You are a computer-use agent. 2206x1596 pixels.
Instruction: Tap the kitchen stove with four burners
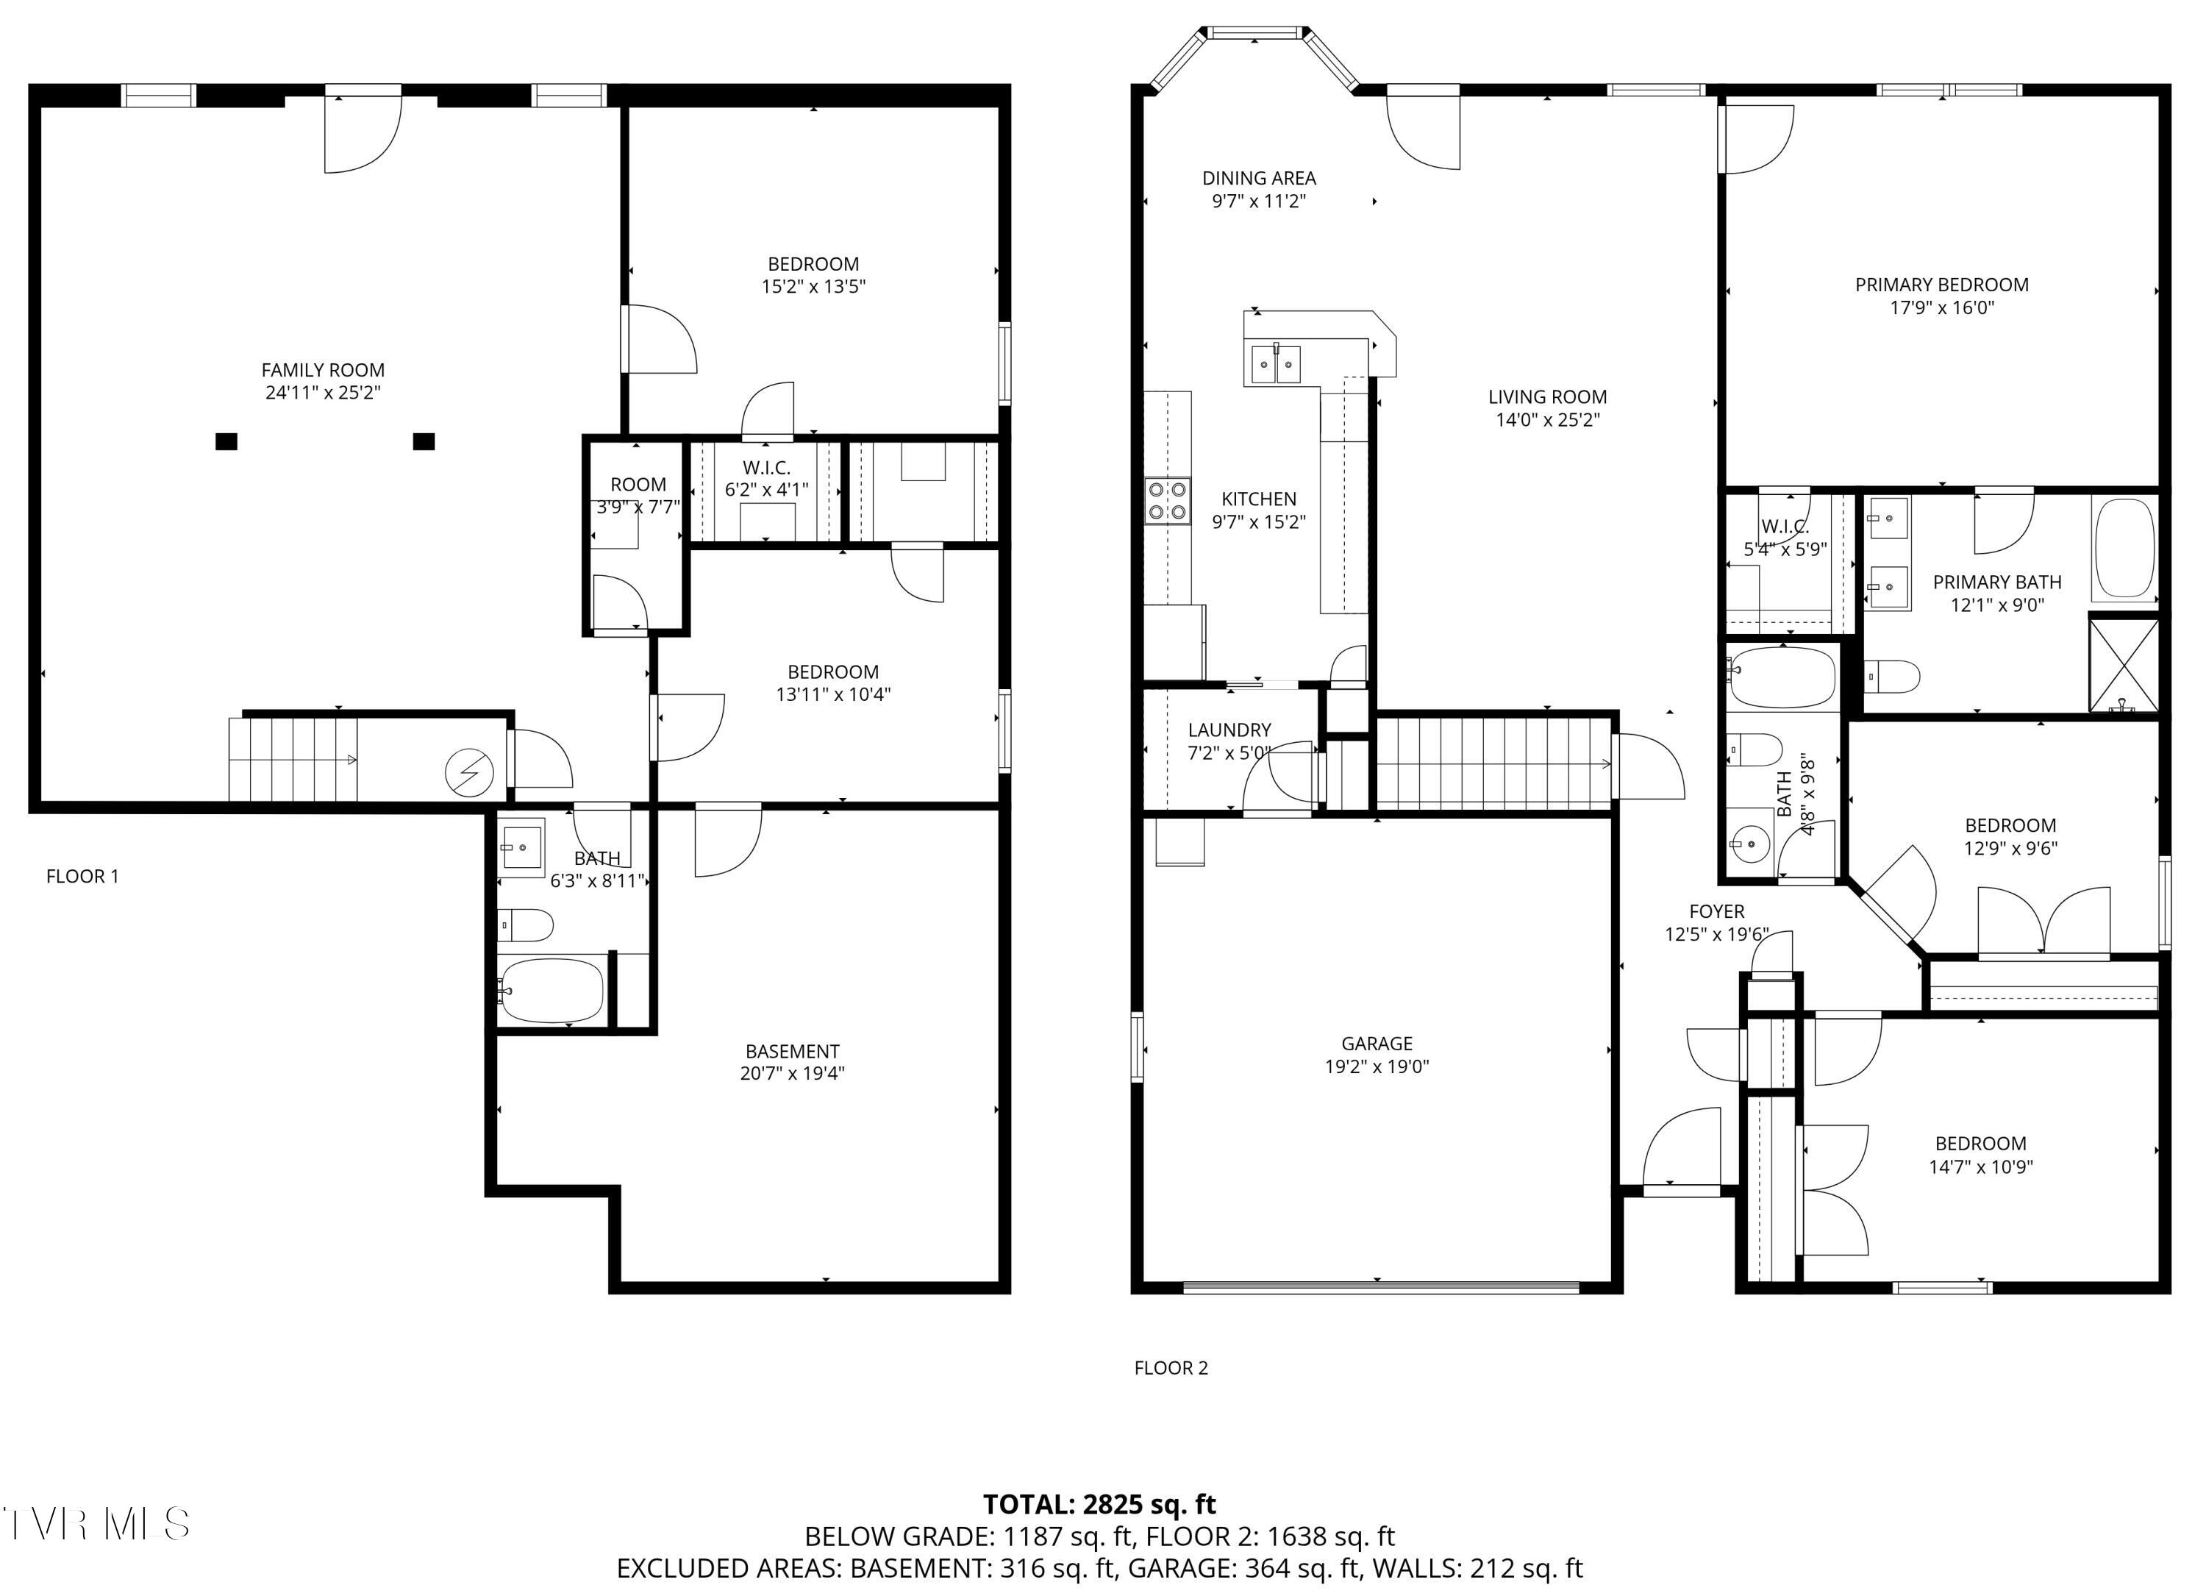point(1167,502)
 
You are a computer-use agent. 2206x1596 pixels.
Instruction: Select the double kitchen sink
point(1275,365)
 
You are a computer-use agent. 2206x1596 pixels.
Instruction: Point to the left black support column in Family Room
point(226,441)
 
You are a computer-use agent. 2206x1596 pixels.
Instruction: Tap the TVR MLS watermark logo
point(96,1524)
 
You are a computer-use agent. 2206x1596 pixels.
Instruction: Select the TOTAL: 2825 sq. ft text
point(1099,1505)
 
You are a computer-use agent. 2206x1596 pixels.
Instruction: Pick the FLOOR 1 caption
point(82,876)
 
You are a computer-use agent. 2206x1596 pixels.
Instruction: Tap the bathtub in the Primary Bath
point(2124,549)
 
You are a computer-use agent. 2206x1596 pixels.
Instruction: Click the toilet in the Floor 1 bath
point(526,925)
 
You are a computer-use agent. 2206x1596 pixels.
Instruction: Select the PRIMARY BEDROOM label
point(1941,285)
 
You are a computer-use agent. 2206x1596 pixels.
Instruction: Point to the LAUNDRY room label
point(1229,730)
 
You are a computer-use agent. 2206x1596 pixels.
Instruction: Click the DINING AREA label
point(1259,178)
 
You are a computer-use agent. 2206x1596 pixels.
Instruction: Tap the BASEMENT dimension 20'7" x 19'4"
point(792,1074)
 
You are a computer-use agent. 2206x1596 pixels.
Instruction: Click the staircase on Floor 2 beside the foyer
point(1493,763)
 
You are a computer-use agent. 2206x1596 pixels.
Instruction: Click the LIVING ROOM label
point(1546,397)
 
